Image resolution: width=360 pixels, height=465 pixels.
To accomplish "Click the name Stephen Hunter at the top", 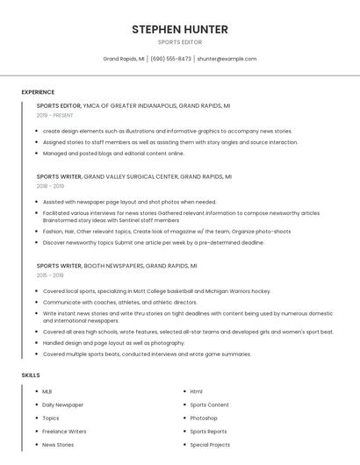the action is point(180,30).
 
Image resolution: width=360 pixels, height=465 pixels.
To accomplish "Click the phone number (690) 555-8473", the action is point(170,59).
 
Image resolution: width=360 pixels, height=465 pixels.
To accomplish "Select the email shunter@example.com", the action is point(227,59).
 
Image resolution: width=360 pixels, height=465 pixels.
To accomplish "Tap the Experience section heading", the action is point(38,92).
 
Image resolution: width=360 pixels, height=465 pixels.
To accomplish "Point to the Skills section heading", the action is point(31,376).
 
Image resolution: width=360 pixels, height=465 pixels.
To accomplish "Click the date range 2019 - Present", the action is point(54,115).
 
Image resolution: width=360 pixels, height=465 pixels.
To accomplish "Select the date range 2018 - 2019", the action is point(50,186).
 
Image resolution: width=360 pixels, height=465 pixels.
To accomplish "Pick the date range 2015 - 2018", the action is point(50,275).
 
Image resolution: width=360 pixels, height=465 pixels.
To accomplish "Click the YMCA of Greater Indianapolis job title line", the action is point(133,105).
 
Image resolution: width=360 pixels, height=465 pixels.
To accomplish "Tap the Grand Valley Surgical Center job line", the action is point(133,176).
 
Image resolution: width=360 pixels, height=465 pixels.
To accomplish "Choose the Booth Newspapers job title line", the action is point(117,265).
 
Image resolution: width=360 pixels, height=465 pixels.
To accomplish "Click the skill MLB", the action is point(47,391).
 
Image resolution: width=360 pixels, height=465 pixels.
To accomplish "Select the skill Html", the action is point(196,391).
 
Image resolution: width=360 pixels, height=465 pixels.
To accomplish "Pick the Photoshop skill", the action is point(204,418).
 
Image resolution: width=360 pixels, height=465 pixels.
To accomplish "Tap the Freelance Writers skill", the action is point(64,432).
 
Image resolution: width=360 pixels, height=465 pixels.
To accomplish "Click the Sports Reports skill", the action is point(208,432).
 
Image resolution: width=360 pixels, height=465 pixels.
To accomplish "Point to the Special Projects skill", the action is point(210,445).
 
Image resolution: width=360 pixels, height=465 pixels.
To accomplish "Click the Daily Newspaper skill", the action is point(63,404).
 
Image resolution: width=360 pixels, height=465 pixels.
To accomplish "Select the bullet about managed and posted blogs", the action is point(113,154).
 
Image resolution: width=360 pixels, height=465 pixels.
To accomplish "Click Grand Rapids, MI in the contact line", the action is point(124,59).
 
